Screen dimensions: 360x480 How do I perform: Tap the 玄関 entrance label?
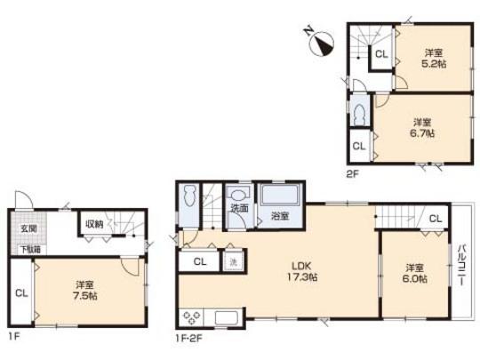pos(28,228)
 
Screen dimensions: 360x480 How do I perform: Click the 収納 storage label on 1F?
pos(92,224)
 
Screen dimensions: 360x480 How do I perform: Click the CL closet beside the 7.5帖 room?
pos(21,292)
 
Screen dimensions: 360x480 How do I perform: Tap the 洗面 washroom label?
pos(237,208)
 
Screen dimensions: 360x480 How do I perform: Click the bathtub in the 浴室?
pos(280,196)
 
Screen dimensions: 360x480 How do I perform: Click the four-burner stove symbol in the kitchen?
pos(193,317)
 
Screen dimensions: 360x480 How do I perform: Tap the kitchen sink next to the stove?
pos(226,318)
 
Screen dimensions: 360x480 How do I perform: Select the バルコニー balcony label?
pos(462,262)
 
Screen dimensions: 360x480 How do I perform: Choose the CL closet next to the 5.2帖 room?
pos(380,55)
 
